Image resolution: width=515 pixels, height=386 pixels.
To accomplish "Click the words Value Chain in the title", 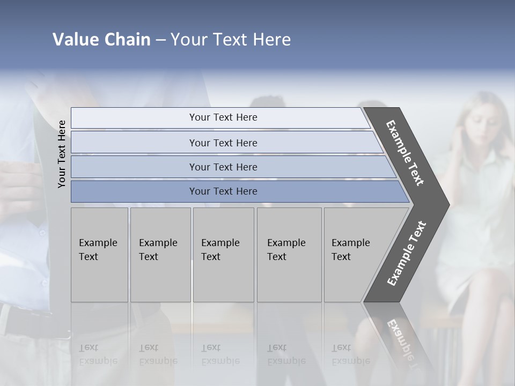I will tap(101, 40).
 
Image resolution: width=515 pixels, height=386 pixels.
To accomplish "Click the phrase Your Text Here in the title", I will tap(231, 40).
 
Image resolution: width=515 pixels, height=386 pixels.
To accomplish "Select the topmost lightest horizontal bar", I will tap(220, 117).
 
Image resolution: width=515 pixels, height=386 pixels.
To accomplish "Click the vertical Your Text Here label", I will tap(62, 154).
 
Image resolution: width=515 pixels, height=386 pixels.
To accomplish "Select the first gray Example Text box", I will tap(99, 255).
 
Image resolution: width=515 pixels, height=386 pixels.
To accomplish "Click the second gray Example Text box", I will tap(160, 255).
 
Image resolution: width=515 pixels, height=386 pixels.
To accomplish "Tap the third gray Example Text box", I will tap(223, 255).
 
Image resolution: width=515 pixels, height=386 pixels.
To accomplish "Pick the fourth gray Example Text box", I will tap(289, 255).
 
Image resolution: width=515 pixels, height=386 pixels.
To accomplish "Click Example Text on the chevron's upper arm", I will tap(406, 152).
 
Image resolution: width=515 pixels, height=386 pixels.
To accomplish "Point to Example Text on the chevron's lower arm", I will tap(407, 253).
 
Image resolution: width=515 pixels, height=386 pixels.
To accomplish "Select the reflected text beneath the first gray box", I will tap(98, 354).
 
